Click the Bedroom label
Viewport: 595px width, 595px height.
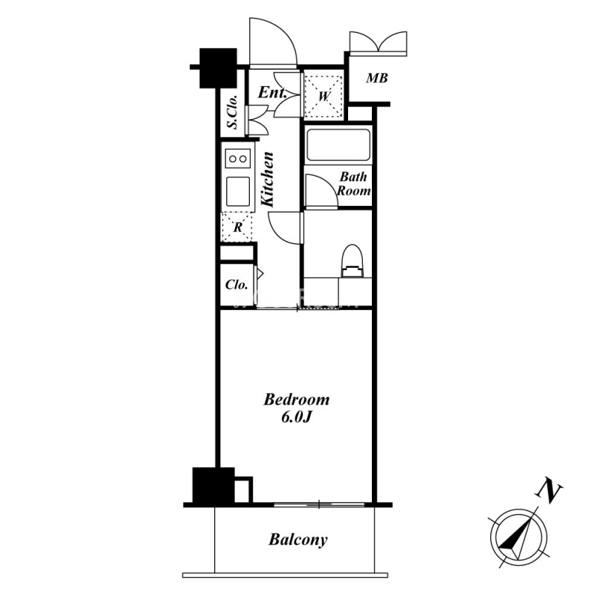(296, 399)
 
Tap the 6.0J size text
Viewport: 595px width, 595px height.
(296, 417)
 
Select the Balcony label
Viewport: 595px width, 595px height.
(298, 540)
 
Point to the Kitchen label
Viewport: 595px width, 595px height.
(268, 179)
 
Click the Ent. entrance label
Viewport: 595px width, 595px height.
(272, 92)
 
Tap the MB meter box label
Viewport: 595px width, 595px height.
(377, 78)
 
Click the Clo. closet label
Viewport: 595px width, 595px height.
(237, 285)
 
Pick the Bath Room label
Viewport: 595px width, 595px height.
(354, 184)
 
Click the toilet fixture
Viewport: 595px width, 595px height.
(353, 261)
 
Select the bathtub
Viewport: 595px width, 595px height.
(338, 145)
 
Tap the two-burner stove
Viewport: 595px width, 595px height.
(238, 158)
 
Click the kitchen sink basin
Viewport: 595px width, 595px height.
(238, 191)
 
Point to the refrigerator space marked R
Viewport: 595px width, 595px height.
(237, 228)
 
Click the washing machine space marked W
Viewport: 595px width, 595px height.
(324, 96)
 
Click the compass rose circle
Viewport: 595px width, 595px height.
(518, 510)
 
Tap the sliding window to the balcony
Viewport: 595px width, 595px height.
(319, 505)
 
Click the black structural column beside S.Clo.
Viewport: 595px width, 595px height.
(218, 68)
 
